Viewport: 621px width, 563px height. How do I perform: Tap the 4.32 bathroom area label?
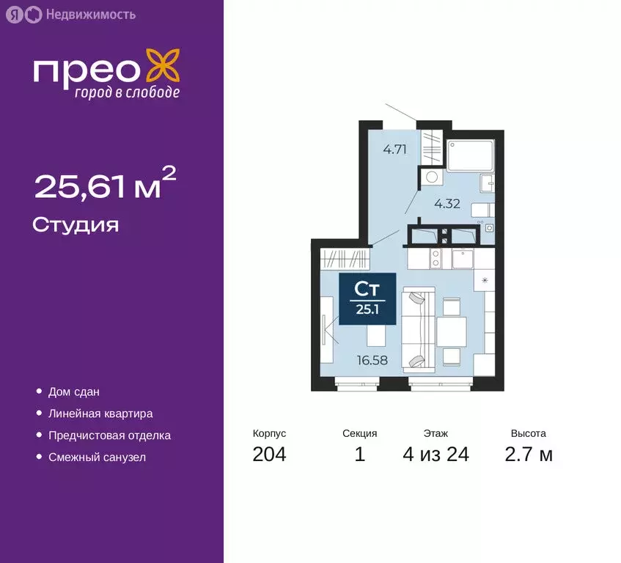(x=447, y=204)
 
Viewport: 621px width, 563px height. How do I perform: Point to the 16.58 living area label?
(x=373, y=360)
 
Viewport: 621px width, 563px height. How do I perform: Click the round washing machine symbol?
(x=431, y=176)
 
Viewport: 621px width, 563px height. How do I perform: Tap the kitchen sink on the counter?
(x=464, y=259)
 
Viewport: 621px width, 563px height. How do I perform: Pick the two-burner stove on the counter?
(x=435, y=258)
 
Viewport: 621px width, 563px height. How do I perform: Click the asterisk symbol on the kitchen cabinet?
(x=485, y=279)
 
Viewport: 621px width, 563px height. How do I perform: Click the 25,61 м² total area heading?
(x=105, y=187)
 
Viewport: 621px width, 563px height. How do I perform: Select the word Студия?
(x=76, y=224)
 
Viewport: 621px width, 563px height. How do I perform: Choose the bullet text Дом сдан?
(x=73, y=392)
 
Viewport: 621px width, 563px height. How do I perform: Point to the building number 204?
(x=269, y=455)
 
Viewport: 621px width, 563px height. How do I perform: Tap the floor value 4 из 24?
(x=436, y=455)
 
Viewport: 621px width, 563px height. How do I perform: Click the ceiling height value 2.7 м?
(x=528, y=455)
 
